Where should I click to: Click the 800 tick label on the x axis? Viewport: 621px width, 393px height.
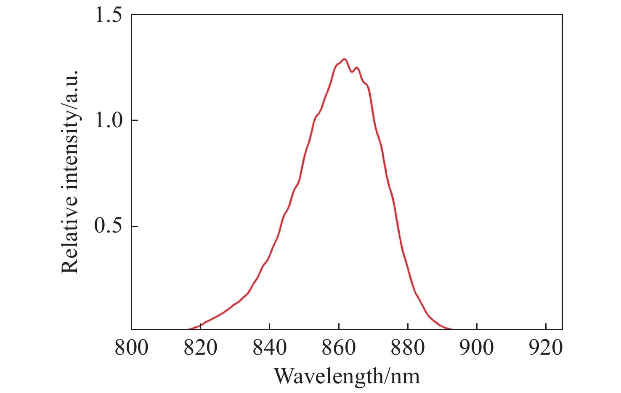[x=132, y=348]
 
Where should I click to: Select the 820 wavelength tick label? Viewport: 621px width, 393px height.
[x=201, y=348]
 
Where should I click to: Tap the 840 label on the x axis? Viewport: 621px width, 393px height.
[x=270, y=348]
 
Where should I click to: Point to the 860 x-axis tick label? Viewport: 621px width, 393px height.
[x=339, y=348]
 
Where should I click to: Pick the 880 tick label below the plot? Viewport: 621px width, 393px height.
[x=408, y=348]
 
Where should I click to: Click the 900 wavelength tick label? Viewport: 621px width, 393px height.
[x=477, y=348]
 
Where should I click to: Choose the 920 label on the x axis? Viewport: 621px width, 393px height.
[x=546, y=348]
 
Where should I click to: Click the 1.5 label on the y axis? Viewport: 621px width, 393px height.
[x=108, y=15]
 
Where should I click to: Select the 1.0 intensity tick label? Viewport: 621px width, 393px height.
[x=108, y=121]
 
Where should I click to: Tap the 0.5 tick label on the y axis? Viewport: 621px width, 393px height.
[x=108, y=227]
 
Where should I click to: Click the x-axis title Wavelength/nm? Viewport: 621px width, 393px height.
[x=347, y=376]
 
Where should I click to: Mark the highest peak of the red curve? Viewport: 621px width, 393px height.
[x=345, y=59]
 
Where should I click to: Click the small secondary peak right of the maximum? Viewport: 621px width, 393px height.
[x=357, y=67]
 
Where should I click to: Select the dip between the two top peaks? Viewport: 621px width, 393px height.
[x=352, y=72]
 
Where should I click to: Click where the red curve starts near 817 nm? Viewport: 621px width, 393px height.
[x=188, y=329]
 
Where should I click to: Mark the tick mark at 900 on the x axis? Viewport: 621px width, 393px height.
[x=477, y=326]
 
